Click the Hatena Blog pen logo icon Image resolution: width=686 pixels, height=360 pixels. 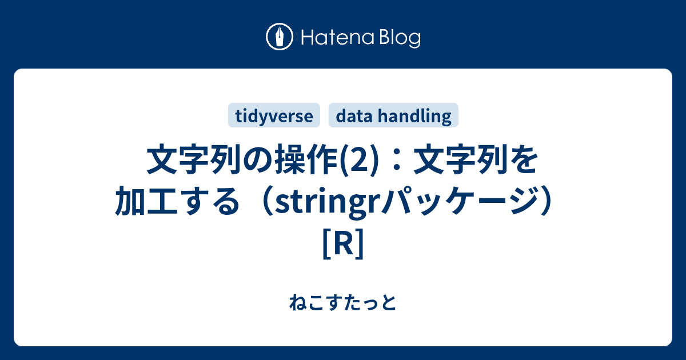280,38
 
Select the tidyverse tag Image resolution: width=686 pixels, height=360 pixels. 274,116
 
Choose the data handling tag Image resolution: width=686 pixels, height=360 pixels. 393,116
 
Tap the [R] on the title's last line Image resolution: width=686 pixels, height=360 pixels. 342,242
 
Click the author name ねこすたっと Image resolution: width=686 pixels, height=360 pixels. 342,302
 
